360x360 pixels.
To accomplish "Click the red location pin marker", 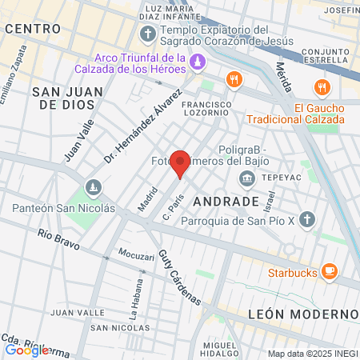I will point(181,163).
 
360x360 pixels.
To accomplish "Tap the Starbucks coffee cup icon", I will point(329,272).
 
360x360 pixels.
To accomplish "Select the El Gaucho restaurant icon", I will point(322,88).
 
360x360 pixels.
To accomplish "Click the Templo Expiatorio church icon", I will point(147,34).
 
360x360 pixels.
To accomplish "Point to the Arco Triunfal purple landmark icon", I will point(196,61).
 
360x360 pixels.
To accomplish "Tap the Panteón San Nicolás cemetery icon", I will point(94,188).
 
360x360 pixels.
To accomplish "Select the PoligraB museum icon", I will point(247,176).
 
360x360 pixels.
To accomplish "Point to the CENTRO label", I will point(33,28).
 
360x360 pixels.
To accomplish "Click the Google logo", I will point(26,350).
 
